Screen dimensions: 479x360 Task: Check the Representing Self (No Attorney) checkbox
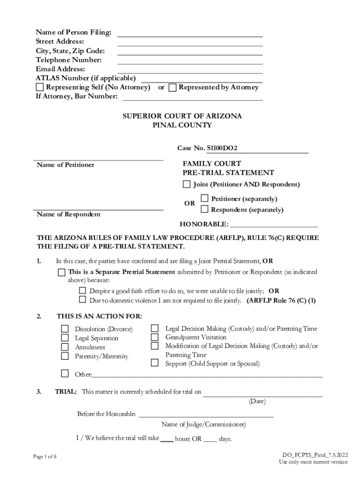tap(40, 87)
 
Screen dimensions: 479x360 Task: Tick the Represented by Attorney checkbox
tap(173, 87)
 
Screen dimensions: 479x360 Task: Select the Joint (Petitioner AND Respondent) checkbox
tap(187, 184)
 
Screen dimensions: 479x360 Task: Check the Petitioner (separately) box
tap(204, 198)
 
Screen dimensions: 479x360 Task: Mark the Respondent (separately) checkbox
tap(204, 209)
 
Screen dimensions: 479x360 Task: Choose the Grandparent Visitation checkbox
tap(155, 337)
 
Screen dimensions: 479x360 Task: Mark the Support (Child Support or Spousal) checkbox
tap(155, 363)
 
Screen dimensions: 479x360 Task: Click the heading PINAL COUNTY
tap(182, 125)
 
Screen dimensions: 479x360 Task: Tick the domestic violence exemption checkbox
tap(83, 300)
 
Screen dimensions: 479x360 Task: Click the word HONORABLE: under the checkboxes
tap(204, 224)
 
